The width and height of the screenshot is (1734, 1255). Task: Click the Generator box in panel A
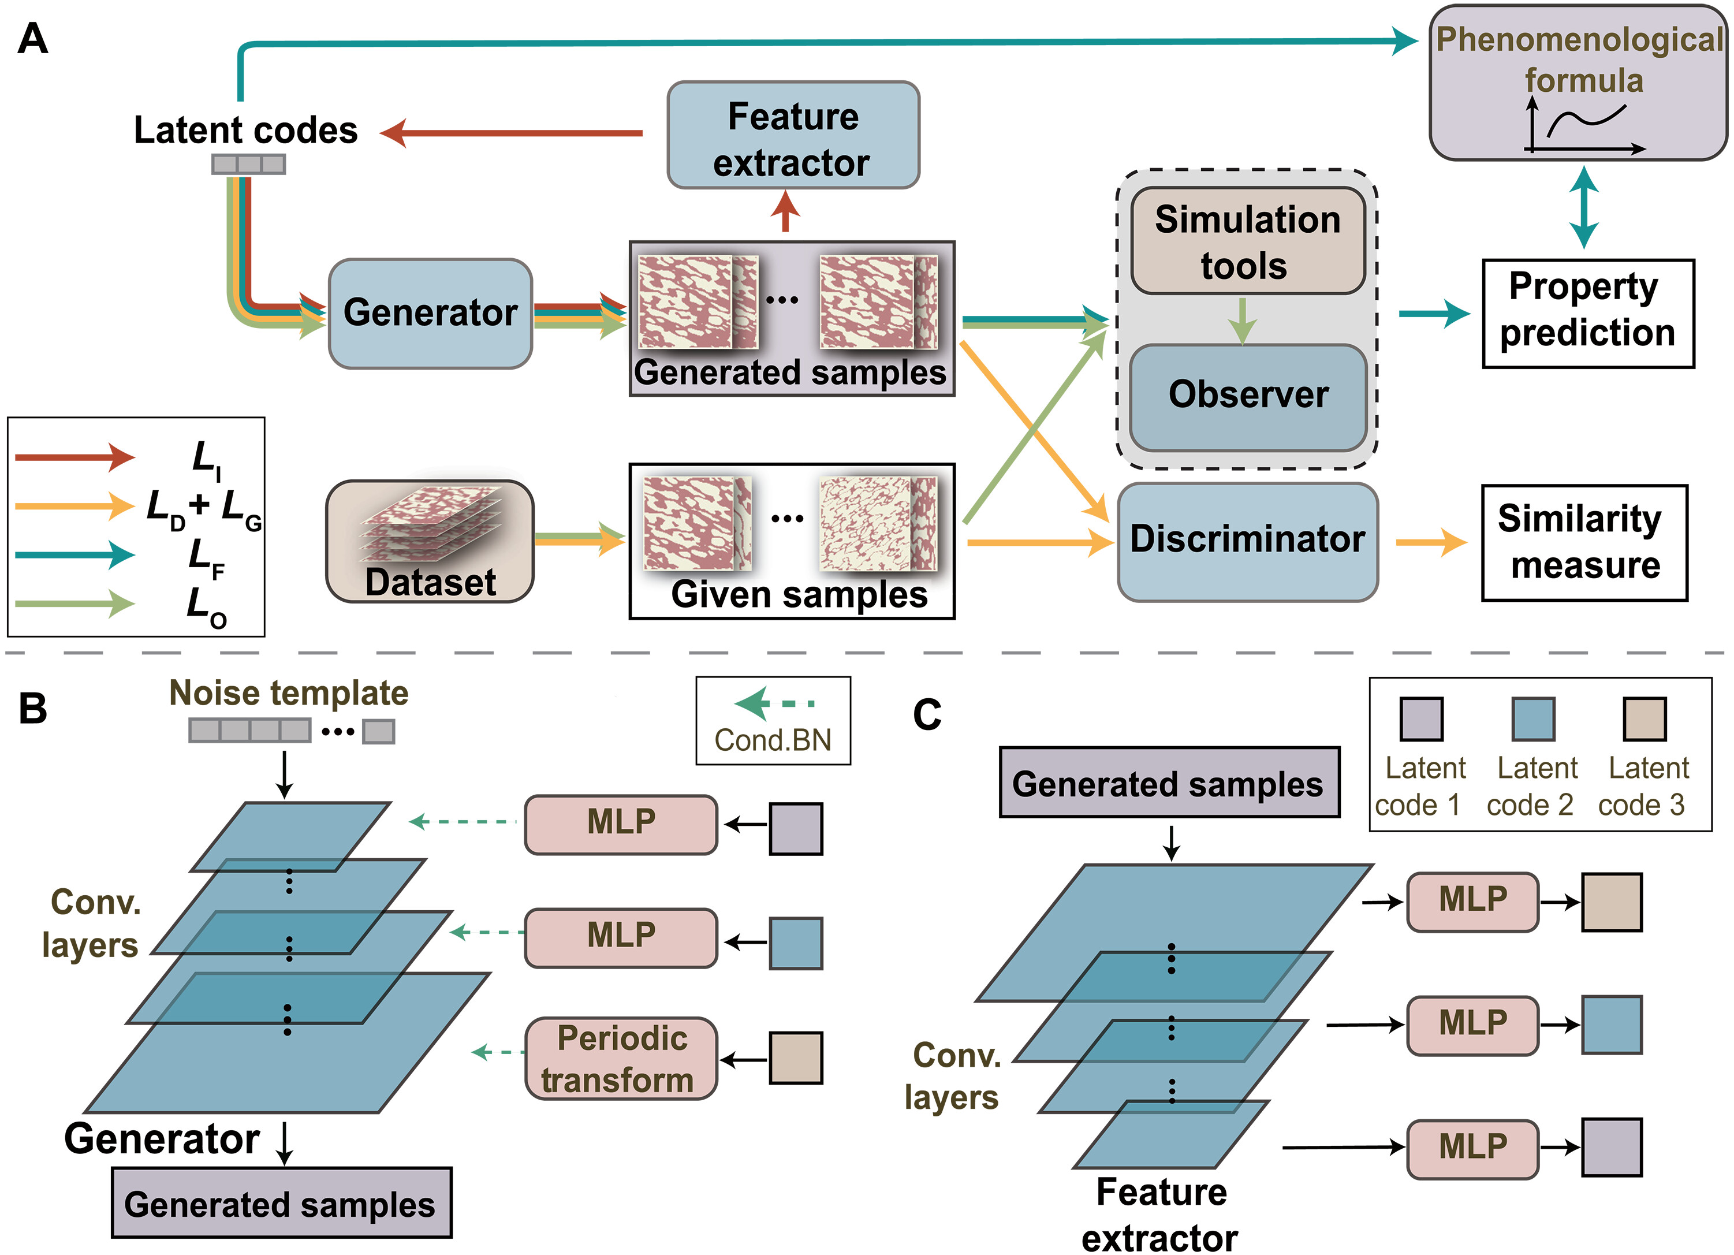(x=430, y=313)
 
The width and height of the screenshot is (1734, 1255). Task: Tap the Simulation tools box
(x=1248, y=241)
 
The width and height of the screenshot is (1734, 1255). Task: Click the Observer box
(x=1248, y=396)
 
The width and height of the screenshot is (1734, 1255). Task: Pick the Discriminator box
(x=1248, y=541)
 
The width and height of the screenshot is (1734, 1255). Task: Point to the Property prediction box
(x=1587, y=313)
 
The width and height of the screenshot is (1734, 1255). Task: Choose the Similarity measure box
(x=1583, y=542)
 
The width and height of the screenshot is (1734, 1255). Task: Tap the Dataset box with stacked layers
(x=430, y=541)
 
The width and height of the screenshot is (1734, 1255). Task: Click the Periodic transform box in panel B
(x=621, y=1059)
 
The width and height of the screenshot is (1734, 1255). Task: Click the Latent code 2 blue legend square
(x=1533, y=719)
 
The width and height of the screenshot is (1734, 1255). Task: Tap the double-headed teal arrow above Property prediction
(x=1583, y=207)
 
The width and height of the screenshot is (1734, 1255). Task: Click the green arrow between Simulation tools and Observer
(x=1243, y=320)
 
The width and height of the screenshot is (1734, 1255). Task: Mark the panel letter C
(x=927, y=715)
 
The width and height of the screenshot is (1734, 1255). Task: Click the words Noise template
(x=289, y=693)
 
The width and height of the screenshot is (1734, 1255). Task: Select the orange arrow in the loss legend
(x=74, y=505)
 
